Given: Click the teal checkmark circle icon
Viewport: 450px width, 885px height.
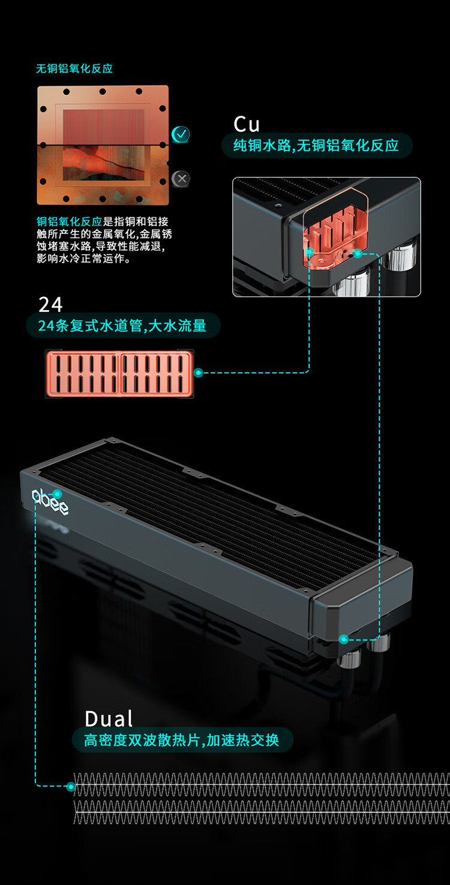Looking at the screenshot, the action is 181,134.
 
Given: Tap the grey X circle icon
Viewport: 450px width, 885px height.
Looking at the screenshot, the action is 181,178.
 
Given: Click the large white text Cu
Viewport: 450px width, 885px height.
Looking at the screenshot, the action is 247,124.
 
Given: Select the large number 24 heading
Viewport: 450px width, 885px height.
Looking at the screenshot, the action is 50,305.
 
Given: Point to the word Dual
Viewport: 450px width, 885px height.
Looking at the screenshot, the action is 109,718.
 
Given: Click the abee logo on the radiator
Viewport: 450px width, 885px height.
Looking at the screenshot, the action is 50,501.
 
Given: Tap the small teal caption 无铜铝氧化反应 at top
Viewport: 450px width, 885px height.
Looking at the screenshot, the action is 74,68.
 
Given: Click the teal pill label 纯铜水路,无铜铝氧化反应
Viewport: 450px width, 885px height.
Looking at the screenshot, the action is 316,146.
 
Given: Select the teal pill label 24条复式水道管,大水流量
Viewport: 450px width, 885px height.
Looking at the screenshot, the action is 122,326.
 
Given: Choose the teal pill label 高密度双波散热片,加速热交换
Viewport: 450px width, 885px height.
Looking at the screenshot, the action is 182,740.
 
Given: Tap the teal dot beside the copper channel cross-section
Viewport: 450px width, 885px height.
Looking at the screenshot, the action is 199,373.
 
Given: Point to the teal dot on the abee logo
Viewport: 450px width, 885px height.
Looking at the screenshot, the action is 58,494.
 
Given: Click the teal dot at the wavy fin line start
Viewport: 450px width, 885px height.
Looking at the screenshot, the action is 71,786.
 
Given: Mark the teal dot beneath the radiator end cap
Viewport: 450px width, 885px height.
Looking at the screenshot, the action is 343,640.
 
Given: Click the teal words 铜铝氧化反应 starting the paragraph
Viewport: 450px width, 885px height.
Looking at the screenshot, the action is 70,222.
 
